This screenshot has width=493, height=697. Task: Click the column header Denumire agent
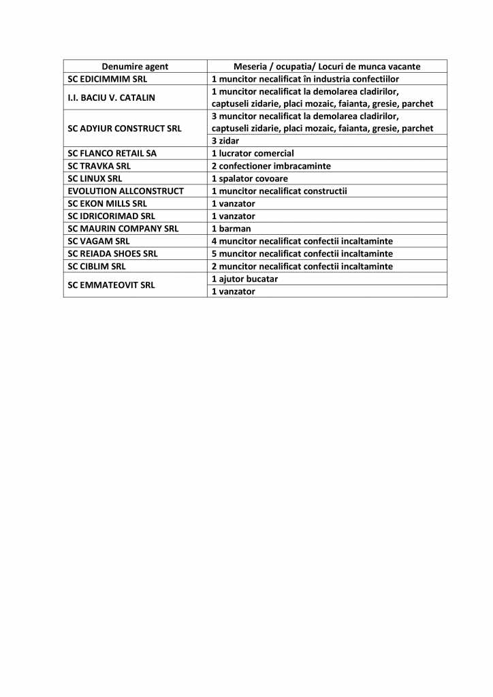click(135, 66)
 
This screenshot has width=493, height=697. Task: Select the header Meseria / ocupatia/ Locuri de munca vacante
click(327, 66)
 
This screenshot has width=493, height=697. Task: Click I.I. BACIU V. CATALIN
click(111, 97)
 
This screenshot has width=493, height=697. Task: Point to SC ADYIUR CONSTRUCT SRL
click(125, 128)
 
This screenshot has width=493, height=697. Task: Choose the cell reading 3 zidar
click(225, 141)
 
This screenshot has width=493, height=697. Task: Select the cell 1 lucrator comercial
click(253, 153)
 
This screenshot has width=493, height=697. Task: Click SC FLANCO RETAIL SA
click(112, 153)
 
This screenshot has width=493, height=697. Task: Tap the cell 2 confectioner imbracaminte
click(271, 165)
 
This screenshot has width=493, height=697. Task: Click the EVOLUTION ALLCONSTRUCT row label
click(125, 191)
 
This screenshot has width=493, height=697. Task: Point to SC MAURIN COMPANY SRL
click(123, 229)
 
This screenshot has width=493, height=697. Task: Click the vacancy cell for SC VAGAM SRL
click(302, 241)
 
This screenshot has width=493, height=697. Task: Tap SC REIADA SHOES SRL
click(113, 253)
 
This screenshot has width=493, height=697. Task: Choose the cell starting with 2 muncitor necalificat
click(302, 266)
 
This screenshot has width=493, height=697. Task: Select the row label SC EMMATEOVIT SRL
click(111, 285)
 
